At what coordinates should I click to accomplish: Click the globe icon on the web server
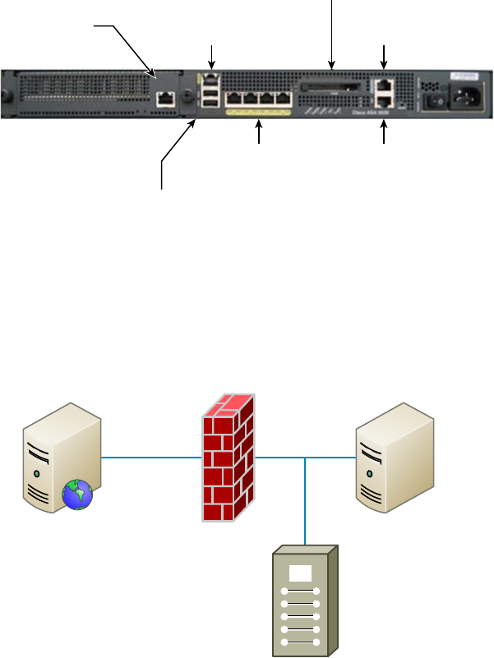pos(77,495)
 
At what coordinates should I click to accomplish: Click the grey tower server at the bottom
pos(305,600)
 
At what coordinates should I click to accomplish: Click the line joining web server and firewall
pos(151,458)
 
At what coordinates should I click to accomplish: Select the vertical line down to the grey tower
pos(305,501)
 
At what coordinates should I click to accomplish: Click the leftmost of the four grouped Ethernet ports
pos(233,99)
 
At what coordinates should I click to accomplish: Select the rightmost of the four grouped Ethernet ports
pos(283,99)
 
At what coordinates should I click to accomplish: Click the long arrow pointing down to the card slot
pos(331,33)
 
